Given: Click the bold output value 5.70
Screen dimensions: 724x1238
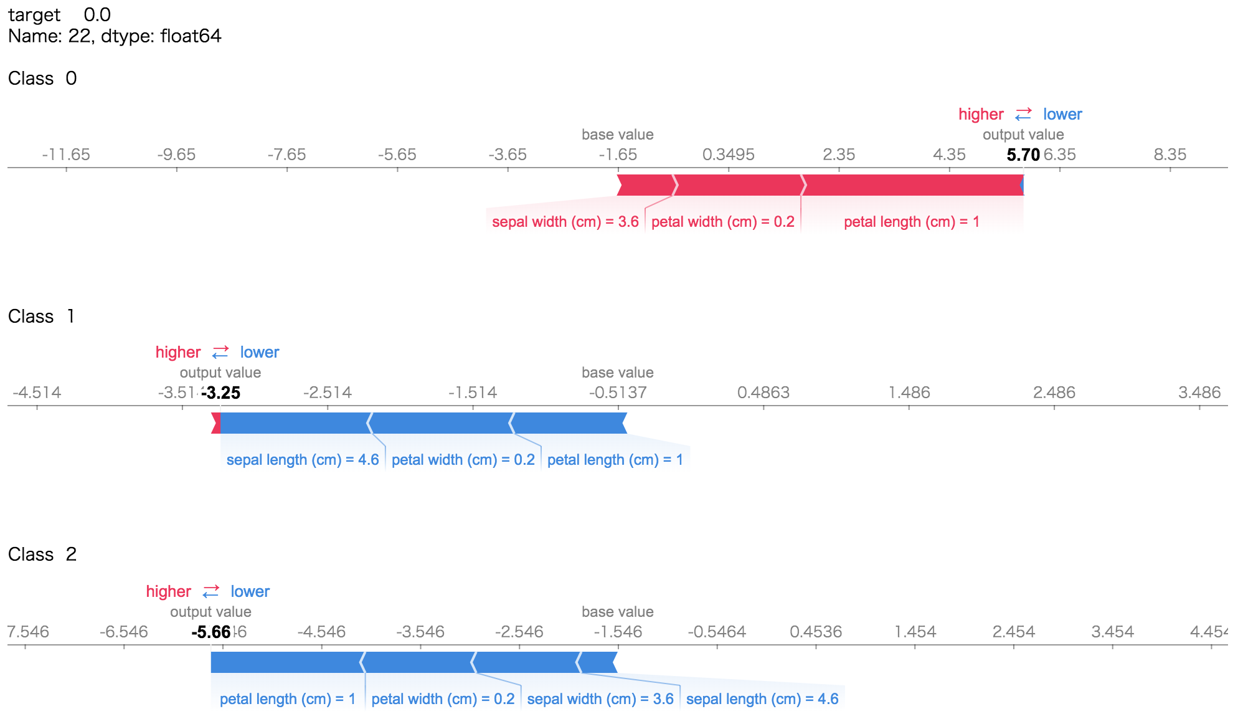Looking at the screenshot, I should (x=1023, y=155).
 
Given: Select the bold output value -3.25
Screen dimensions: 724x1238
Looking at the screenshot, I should (x=221, y=393).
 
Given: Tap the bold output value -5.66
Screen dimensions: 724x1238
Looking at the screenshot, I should (x=211, y=632).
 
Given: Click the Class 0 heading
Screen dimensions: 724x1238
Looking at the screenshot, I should (x=42, y=79).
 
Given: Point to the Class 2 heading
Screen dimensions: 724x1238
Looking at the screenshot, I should (x=42, y=555).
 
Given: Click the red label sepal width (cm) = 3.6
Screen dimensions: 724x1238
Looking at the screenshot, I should (x=565, y=222).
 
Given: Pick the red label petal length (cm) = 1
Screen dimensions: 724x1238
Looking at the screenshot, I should (x=911, y=222).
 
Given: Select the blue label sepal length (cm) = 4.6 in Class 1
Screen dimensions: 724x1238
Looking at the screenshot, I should (x=303, y=460).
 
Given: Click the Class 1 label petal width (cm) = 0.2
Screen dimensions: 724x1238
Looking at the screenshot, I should (x=463, y=460).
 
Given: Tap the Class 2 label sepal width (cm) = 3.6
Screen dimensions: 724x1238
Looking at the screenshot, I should (x=600, y=699).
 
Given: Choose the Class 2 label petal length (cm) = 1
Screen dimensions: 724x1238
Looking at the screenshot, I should (x=287, y=699).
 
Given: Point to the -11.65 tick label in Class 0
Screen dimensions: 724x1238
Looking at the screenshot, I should (x=66, y=155).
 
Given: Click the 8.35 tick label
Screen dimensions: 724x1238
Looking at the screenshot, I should (x=1169, y=155).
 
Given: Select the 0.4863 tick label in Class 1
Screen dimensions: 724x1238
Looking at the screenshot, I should (x=763, y=393).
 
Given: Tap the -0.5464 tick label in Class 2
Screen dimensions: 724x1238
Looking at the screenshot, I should (x=716, y=632).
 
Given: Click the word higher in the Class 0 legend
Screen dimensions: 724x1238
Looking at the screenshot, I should (x=981, y=115).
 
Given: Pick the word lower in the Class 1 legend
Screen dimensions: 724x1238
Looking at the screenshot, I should (x=260, y=353).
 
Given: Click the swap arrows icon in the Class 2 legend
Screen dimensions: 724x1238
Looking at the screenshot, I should (x=211, y=591).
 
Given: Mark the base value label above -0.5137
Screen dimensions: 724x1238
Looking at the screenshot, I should (x=617, y=373).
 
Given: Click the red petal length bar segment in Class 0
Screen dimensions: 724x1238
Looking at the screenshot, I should (x=912, y=186).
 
